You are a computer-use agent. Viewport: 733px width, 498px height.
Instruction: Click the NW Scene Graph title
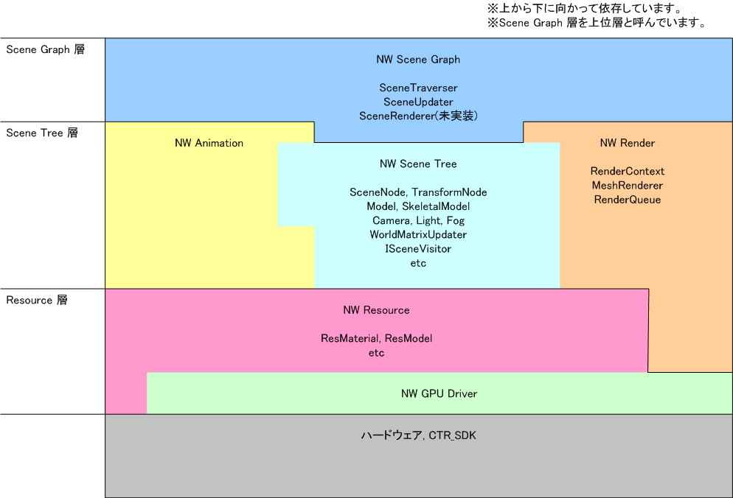tap(418, 60)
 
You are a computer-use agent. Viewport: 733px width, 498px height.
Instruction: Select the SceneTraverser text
tap(418, 88)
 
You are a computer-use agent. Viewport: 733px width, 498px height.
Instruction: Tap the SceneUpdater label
tap(418, 102)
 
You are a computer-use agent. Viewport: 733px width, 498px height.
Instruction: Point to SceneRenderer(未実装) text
tap(418, 116)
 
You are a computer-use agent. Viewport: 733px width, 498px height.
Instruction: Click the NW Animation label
tap(209, 143)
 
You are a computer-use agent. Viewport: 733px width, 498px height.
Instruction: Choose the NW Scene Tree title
tap(418, 164)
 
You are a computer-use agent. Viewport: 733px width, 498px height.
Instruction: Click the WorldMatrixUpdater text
tap(418, 234)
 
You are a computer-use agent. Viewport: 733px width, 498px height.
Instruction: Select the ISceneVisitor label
tap(418, 248)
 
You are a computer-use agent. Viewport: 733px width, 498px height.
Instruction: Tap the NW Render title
tap(628, 143)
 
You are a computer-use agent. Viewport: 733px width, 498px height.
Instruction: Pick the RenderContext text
tap(628, 171)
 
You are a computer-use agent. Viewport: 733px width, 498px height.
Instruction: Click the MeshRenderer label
tap(628, 185)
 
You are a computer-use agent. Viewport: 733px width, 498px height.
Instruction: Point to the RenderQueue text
tap(628, 199)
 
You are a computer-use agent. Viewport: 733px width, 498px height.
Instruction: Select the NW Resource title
tap(376, 310)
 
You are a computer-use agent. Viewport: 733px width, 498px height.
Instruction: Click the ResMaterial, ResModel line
tap(376, 339)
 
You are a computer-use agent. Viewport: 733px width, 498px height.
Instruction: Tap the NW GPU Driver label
tap(439, 393)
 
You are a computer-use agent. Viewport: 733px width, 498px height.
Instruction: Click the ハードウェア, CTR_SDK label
tap(418, 435)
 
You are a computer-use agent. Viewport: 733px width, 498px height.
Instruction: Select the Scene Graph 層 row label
tap(45, 50)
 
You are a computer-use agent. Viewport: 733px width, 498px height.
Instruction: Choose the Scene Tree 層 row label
tap(42, 133)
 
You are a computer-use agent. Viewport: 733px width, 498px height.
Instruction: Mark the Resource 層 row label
tap(37, 301)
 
